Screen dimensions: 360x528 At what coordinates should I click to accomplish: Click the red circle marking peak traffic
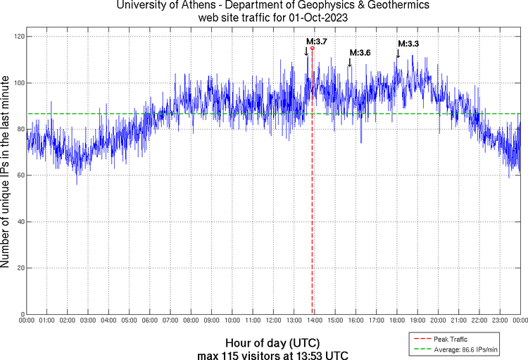click(313, 48)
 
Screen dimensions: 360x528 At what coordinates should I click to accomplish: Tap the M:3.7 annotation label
click(316, 42)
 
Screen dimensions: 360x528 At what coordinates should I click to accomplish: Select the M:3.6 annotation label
click(360, 53)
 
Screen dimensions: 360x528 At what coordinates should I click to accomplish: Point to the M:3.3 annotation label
click(408, 44)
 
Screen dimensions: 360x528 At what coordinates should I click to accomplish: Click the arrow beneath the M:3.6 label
click(350, 63)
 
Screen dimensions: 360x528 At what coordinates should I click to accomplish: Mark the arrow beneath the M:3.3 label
click(398, 54)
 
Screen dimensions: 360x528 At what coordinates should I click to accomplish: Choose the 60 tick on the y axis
click(19, 175)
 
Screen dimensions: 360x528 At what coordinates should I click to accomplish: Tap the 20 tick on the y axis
click(19, 268)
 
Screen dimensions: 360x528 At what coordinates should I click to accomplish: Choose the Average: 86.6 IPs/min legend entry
click(465, 349)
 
